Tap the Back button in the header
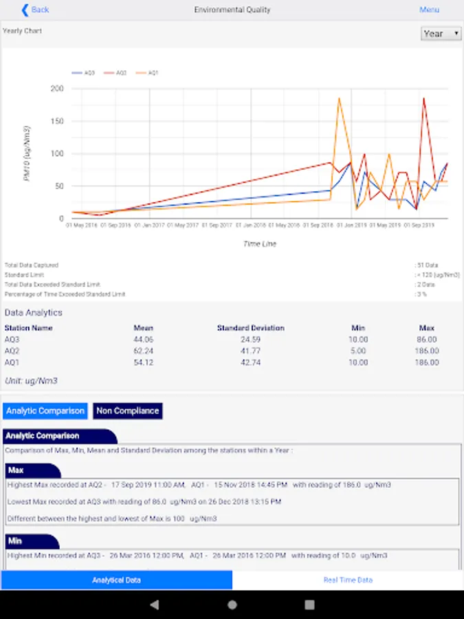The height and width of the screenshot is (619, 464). click(35, 10)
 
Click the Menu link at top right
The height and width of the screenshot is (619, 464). click(429, 10)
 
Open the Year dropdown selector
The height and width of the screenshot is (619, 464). click(441, 34)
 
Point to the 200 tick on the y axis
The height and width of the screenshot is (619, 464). click(57, 89)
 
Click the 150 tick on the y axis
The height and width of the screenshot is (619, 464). click(57, 121)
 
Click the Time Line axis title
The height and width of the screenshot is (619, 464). click(259, 243)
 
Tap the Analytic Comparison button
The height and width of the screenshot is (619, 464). click(45, 411)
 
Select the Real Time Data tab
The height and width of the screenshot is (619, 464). click(348, 580)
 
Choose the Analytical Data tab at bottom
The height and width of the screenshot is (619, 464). click(116, 580)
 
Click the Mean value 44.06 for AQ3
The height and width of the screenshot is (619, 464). click(144, 340)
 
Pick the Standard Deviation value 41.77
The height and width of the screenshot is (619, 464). click(250, 351)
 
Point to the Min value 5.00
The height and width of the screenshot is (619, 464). click(358, 351)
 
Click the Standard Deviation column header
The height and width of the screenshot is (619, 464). click(250, 328)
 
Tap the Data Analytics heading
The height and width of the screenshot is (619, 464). click(33, 312)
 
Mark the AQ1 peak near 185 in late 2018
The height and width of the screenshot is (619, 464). click(339, 98)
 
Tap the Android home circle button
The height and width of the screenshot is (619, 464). click(232, 605)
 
